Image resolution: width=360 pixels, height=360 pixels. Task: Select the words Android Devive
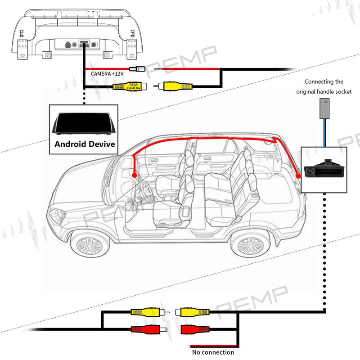[85, 144]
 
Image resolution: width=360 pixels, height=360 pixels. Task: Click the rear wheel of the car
[250, 245]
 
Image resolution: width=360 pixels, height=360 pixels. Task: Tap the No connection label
[213, 352]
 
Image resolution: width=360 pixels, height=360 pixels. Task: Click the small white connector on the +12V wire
[135, 69]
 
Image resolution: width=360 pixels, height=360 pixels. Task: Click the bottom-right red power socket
[195, 329]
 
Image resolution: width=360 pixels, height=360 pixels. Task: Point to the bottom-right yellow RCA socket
[194, 311]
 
